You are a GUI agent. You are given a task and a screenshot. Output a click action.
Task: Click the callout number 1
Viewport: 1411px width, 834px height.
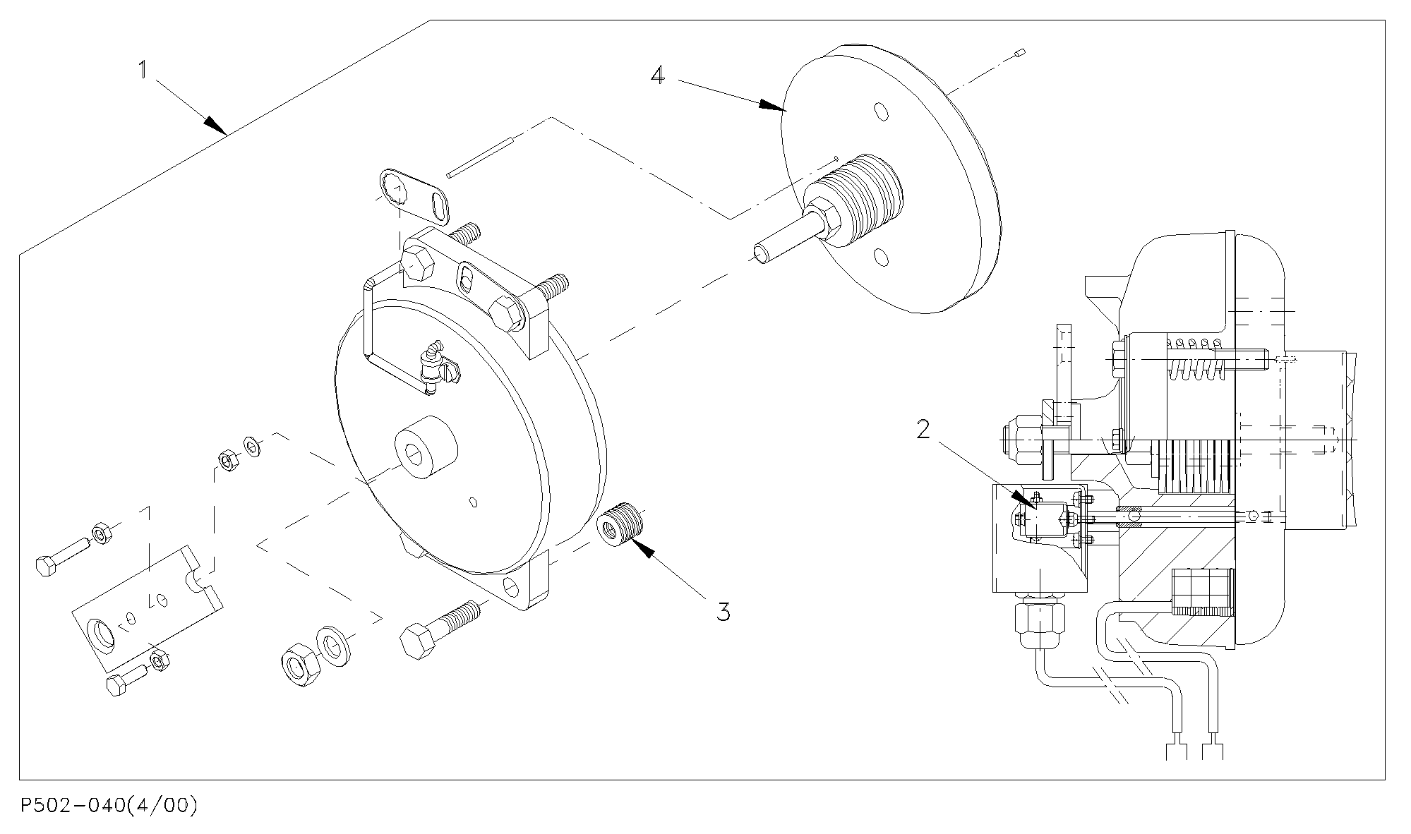tap(143, 69)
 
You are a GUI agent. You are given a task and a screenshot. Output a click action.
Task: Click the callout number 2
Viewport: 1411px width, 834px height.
tap(924, 429)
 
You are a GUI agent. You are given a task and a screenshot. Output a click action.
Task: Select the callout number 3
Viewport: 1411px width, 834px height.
tap(723, 611)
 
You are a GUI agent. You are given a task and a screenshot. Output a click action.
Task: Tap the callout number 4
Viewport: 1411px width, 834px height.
tap(657, 74)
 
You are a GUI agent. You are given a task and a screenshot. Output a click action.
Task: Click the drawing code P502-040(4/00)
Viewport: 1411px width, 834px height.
tap(108, 805)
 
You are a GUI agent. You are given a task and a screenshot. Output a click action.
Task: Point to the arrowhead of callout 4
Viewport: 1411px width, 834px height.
tap(774, 106)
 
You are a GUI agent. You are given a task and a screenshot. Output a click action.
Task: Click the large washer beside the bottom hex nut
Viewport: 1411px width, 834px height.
tap(333, 643)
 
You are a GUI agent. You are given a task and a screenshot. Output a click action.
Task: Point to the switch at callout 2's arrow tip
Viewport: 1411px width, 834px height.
tap(1046, 519)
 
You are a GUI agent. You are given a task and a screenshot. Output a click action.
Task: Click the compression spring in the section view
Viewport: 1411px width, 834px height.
tap(1197, 360)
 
